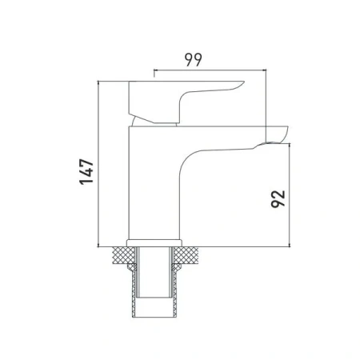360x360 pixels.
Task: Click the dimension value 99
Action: point(194,60)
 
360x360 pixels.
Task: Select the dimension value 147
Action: point(86,172)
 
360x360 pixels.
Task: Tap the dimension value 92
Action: point(278,199)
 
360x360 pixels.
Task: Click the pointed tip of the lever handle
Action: point(244,82)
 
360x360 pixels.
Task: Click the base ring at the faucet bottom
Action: point(154,243)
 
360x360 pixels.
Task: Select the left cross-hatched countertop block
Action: point(124,255)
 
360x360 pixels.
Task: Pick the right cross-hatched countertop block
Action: point(186,255)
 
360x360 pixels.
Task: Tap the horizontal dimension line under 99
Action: point(210,70)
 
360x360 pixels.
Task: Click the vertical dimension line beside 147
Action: point(98,164)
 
